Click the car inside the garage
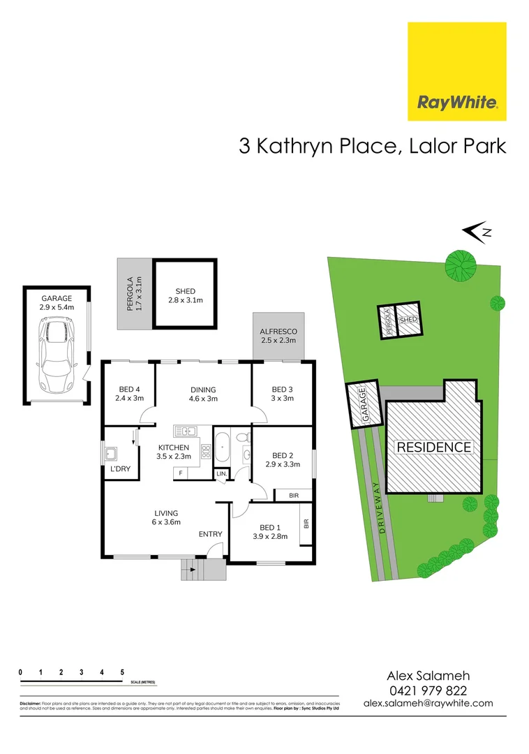click(x=55, y=355)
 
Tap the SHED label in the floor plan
click(x=186, y=291)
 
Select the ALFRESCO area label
click(x=278, y=332)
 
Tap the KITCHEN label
click(x=174, y=447)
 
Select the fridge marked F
click(x=181, y=473)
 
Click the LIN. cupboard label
click(x=221, y=474)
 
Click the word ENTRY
click(x=210, y=534)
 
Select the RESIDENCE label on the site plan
click(x=434, y=447)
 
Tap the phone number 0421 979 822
click(x=429, y=690)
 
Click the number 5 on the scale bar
click(x=122, y=672)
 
